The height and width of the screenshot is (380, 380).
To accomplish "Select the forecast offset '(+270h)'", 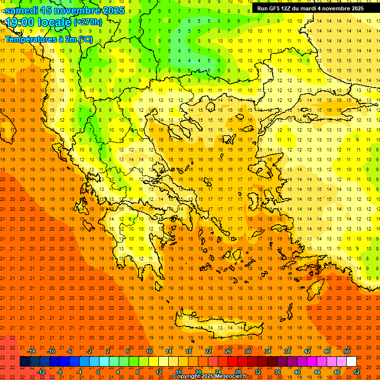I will (x=88, y=22).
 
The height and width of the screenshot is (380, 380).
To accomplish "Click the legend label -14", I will (x=31, y=351).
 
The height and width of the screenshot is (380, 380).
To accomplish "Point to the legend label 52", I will (x=357, y=372).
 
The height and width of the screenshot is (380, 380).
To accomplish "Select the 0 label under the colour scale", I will (x=97, y=372).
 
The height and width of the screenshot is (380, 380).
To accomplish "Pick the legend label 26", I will (x=228, y=351).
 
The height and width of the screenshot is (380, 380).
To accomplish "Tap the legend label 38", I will (x=287, y=351).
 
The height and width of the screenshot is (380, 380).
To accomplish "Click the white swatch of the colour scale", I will (x=351, y=362).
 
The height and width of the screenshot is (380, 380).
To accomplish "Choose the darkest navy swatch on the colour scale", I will (x=25, y=362).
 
